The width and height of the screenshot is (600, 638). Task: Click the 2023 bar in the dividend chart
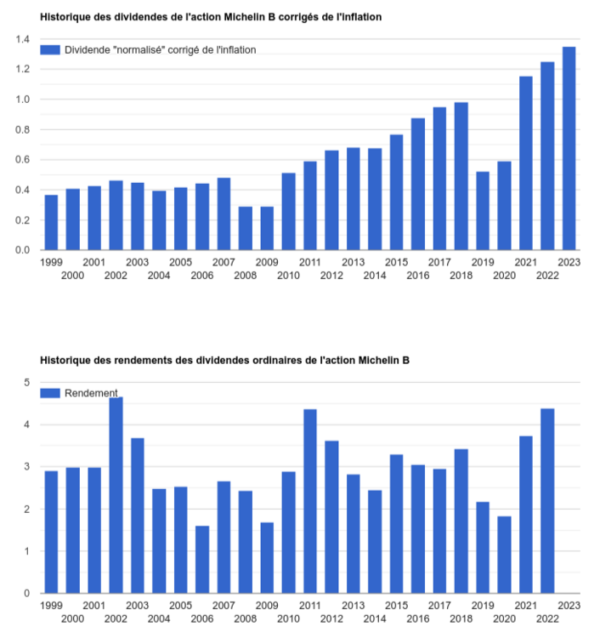click(569, 148)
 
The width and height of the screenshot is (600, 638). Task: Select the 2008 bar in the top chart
click(246, 228)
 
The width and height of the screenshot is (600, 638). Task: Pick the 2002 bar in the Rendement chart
click(116, 495)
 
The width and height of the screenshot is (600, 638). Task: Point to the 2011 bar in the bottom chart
click(310, 501)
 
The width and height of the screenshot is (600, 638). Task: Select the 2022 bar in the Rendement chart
click(547, 501)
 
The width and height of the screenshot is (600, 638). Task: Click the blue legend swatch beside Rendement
click(51, 393)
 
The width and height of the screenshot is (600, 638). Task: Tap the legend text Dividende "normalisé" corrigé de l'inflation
click(161, 50)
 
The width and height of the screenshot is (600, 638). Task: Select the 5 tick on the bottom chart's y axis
click(26, 383)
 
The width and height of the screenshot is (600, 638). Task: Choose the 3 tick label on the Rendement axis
click(26, 467)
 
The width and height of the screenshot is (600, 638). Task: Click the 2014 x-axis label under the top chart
click(375, 276)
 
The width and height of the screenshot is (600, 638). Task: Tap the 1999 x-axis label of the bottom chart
click(51, 605)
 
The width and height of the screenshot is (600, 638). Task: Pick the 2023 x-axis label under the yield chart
click(569, 605)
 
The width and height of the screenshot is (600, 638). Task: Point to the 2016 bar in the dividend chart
click(418, 184)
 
